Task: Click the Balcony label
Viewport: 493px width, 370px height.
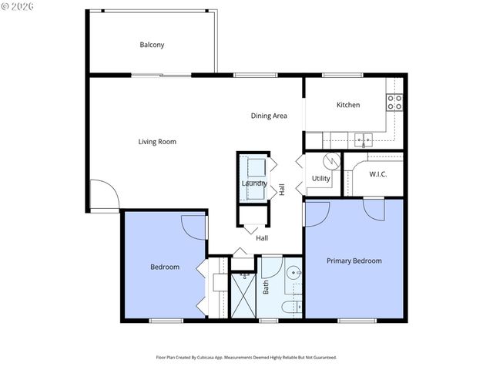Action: (152, 45)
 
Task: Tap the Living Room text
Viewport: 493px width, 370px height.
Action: (157, 142)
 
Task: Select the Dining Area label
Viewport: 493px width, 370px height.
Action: (269, 116)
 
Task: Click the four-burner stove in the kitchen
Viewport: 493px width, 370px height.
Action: (394, 103)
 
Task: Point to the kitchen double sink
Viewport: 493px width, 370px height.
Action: (363, 140)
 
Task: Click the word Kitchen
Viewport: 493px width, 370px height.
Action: (348, 105)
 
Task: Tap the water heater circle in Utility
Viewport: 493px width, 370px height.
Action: (331, 162)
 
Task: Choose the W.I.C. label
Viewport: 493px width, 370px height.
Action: (377, 174)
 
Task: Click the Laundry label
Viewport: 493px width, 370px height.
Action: (254, 183)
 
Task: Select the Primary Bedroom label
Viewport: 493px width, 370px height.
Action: (354, 261)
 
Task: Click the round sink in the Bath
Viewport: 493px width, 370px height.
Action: (294, 274)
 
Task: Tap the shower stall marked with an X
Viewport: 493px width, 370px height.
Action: (243, 295)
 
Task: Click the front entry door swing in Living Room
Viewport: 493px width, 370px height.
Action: (104, 194)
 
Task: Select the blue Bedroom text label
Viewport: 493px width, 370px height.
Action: (164, 267)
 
